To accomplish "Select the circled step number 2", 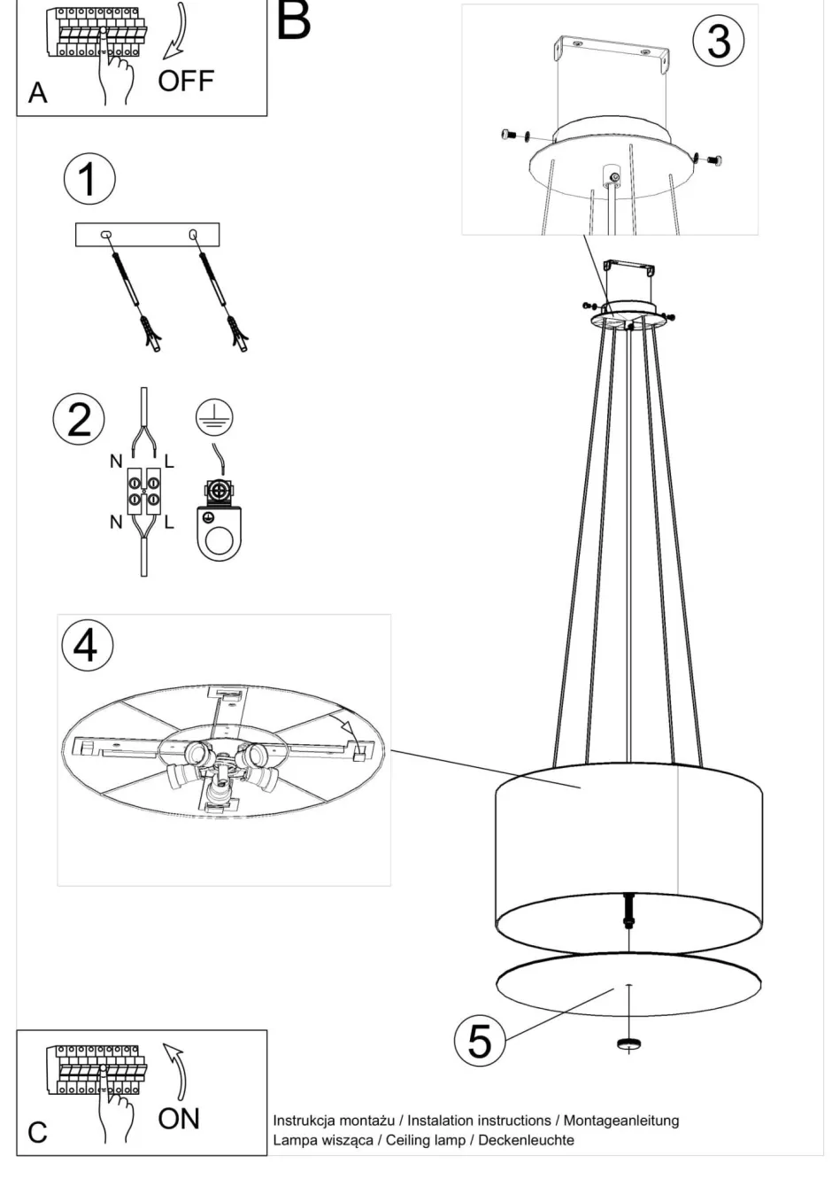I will [79, 418].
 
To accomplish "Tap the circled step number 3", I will [718, 42].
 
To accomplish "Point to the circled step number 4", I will [86, 645].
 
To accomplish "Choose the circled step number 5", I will [479, 1040].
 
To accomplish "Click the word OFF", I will [186, 81].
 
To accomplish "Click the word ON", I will [179, 1119].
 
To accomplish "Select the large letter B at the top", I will [294, 20].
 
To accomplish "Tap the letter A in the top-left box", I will [37, 92].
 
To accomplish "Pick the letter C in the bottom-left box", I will [37, 1133].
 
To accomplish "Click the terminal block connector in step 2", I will [143, 493].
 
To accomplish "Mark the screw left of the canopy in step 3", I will [507, 134].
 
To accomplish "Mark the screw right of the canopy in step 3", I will [713, 159].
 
